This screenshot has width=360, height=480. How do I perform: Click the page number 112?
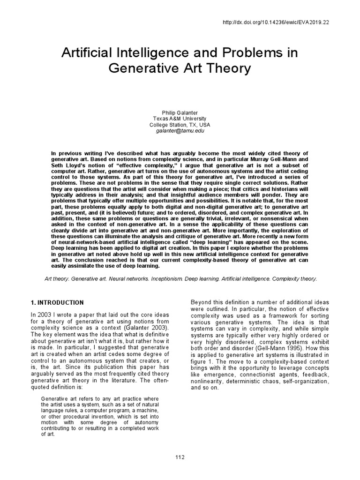[180, 457]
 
